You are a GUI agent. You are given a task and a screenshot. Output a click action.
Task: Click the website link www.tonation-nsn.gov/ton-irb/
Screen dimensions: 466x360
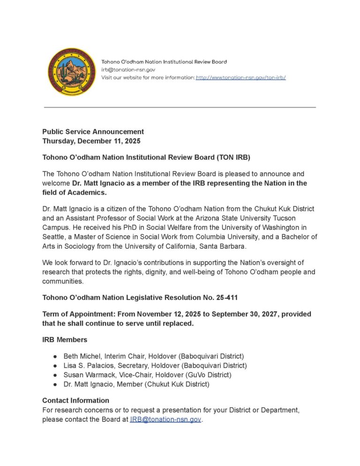[x=240, y=77]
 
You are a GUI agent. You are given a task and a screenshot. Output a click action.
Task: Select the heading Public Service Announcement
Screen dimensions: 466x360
[x=93, y=132]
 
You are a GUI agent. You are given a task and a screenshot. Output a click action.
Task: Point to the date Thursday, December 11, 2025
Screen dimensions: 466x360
[x=91, y=141]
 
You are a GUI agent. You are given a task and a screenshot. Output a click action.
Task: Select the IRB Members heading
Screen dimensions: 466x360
[x=65, y=339]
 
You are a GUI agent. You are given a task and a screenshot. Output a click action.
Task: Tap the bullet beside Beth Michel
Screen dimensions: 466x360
[x=55, y=356]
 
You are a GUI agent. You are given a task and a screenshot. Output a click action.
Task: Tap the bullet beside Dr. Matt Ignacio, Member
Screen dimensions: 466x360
[x=55, y=384]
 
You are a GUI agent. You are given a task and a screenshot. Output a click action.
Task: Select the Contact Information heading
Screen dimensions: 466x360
[x=75, y=400]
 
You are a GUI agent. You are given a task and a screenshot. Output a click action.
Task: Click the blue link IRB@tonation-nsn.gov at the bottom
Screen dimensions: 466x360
[x=165, y=419]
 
